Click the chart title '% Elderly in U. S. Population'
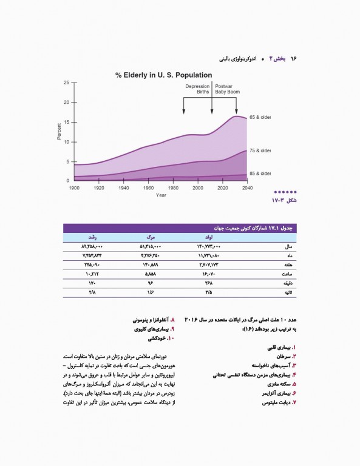[164, 75]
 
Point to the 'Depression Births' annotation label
[198, 89]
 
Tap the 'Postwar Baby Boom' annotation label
[228, 89]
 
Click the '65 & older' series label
[260, 118]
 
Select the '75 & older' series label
[260, 150]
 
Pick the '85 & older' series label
[260, 174]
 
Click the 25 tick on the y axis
[66, 82]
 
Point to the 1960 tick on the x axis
[148, 188]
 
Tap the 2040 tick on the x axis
[247, 188]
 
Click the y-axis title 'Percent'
[59, 131]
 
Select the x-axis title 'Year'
[161, 195]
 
